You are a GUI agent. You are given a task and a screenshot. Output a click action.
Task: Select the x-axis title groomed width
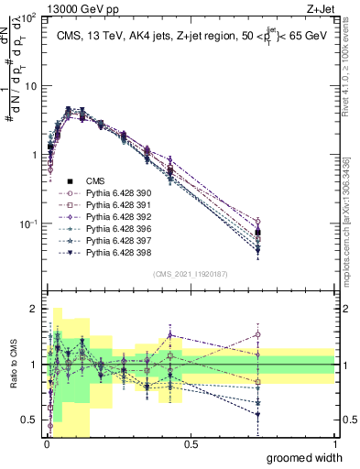click(305, 457)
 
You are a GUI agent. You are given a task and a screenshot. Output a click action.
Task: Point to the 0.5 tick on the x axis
click(191, 443)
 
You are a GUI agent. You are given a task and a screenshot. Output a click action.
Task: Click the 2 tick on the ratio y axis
click(36, 309)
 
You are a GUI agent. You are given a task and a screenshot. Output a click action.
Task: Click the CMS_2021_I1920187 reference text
click(190, 274)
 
